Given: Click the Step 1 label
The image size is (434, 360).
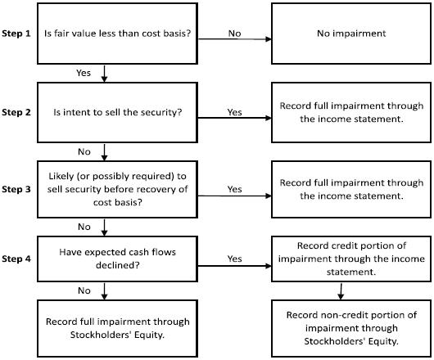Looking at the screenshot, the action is pos(16,34).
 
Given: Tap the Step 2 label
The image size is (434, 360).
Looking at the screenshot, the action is pos(16,112).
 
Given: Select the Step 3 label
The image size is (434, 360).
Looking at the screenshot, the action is pos(16,189).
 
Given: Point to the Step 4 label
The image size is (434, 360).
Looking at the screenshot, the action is pos(16,259).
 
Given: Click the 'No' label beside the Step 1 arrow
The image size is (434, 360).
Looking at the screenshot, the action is pos(234,34).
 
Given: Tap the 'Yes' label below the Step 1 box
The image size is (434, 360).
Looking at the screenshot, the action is pos(84,73).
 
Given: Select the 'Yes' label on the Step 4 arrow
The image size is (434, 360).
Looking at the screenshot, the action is pos(234,259).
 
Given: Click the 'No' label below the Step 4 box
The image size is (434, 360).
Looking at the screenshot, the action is pos(84,290).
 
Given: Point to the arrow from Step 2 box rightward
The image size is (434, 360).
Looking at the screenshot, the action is pos(235,118).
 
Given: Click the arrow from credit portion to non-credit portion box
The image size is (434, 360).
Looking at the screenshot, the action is pos(341,291).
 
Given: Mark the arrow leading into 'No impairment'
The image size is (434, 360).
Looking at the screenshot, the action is pos(235,39).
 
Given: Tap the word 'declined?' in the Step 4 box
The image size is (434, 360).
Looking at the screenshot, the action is pos(118,265).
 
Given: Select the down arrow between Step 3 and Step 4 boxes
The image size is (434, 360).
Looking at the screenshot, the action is pos(104,227).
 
